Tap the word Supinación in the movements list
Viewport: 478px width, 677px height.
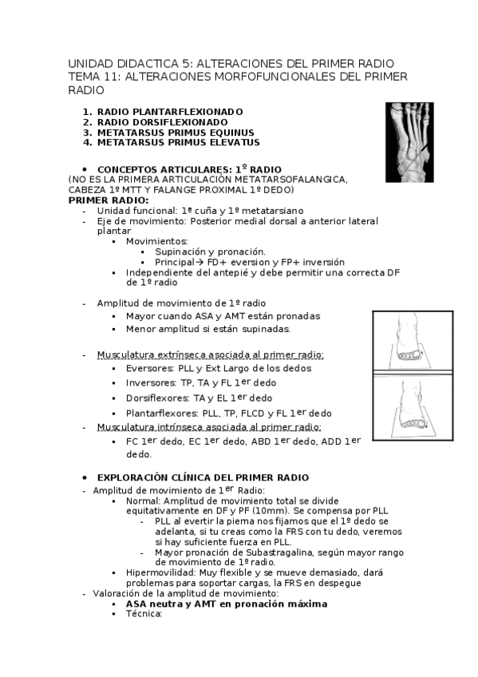(182, 251)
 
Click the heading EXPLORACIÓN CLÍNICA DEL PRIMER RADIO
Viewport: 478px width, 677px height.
(203, 477)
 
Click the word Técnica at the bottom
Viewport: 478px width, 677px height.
(144, 615)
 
